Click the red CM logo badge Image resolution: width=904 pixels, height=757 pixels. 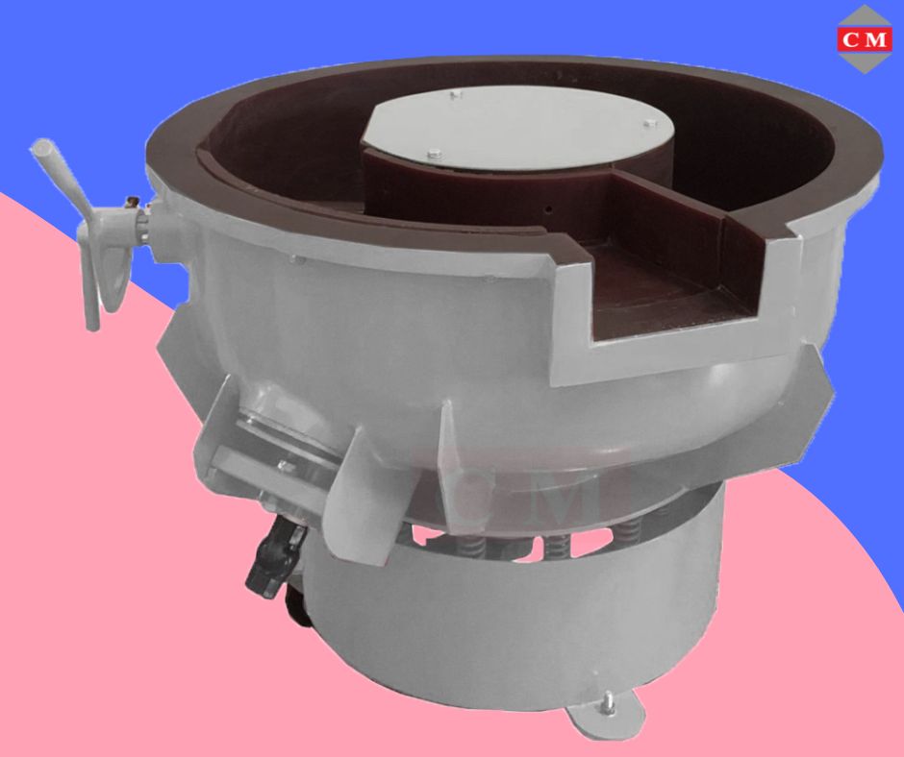(865, 39)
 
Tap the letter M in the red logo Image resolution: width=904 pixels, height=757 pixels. (876, 39)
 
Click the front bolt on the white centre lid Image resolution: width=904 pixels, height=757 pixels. (434, 153)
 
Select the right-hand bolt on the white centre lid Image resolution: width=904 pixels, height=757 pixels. (648, 122)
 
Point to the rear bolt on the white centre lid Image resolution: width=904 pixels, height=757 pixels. (456, 94)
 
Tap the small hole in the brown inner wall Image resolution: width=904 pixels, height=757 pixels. (549, 208)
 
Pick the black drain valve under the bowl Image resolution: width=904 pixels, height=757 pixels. (274, 557)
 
